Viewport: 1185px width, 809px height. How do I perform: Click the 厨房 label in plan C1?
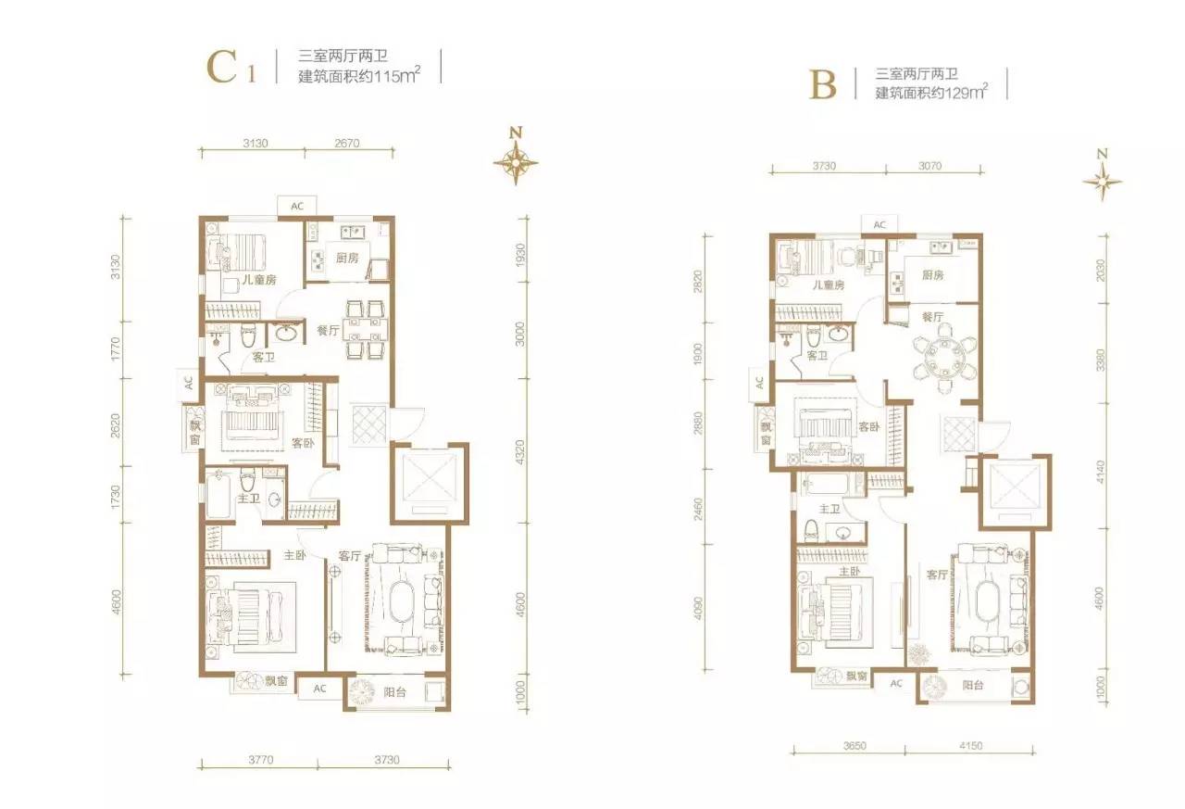pos(347,258)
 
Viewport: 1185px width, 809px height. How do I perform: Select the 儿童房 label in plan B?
pos(829,284)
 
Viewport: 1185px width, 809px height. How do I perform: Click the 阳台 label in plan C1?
pos(395,692)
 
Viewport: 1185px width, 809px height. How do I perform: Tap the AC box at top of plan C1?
pos(297,206)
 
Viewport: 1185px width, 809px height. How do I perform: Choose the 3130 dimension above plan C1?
pos(255,143)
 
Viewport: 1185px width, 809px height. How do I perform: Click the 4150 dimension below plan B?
pos(971,745)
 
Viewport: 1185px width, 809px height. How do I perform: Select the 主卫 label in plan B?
pos(829,509)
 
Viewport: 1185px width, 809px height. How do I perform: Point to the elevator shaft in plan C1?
pos(429,484)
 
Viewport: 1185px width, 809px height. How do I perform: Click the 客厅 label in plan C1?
pos(350,556)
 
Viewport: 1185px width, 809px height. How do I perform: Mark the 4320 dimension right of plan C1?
pos(520,451)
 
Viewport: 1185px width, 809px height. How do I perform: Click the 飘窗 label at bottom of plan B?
pos(856,676)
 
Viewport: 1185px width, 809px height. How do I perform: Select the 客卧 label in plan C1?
pos(303,443)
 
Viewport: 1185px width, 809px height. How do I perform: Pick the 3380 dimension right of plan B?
pos(1101,360)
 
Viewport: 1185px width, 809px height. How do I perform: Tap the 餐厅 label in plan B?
pos(932,317)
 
